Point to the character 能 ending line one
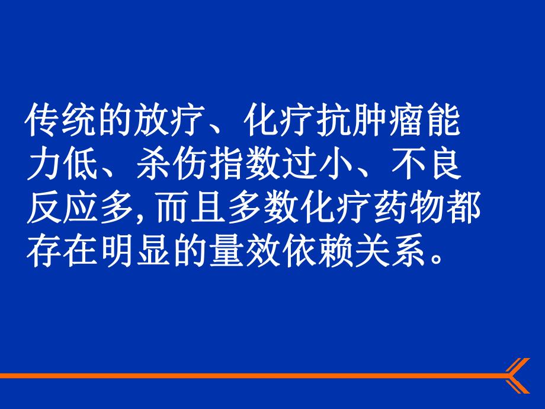(x=443, y=123)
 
